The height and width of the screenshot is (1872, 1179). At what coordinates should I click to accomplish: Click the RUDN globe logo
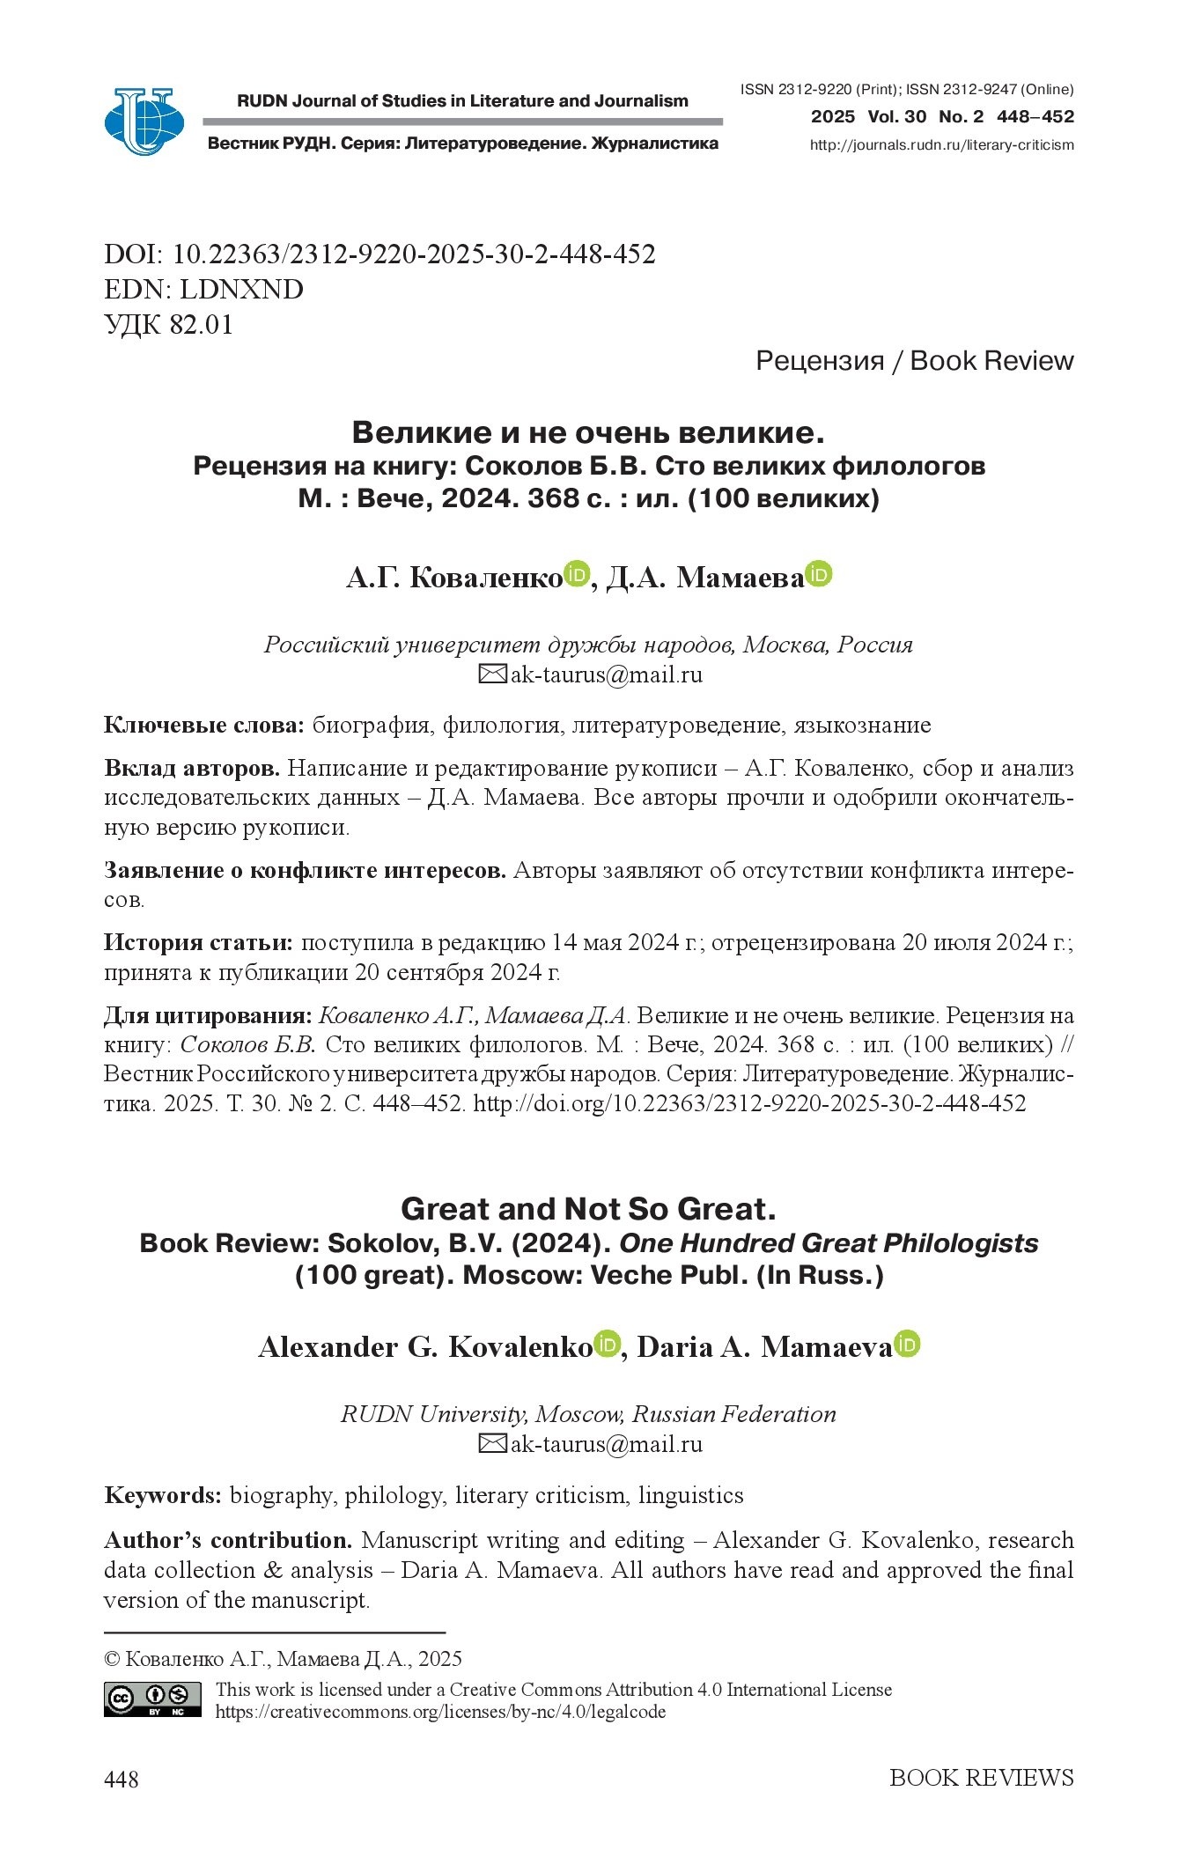coord(144,122)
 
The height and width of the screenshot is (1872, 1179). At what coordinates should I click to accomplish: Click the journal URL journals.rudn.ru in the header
coord(941,145)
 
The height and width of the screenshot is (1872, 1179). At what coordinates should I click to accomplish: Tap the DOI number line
coord(379,254)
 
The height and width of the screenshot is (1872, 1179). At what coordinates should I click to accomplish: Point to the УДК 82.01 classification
coord(169,325)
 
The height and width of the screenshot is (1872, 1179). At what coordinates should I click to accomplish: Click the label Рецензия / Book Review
coord(914,360)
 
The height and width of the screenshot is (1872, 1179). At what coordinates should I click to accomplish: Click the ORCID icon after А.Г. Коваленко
coord(576,575)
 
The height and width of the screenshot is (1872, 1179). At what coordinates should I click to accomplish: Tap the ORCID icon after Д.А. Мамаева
coord(819,575)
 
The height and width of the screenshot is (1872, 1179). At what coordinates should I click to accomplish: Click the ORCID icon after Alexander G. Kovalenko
coord(607,1345)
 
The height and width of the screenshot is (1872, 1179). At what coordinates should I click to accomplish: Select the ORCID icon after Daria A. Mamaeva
coord(907,1345)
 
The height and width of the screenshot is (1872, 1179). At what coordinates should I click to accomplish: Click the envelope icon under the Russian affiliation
coord(492,675)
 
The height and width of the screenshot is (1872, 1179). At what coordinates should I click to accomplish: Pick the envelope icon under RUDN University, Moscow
coord(492,1444)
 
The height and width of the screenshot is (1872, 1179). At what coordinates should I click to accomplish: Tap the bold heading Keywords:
coord(163,1495)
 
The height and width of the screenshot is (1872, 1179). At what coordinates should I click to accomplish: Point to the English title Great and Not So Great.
coord(588,1209)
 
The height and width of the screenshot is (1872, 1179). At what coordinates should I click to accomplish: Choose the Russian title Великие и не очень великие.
coord(588,432)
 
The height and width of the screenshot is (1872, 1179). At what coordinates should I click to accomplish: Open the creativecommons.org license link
coord(440,1713)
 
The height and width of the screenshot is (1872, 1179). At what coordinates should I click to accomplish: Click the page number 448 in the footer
coord(122,1779)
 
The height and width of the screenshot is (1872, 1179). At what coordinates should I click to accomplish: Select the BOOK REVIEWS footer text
coord(981,1778)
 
